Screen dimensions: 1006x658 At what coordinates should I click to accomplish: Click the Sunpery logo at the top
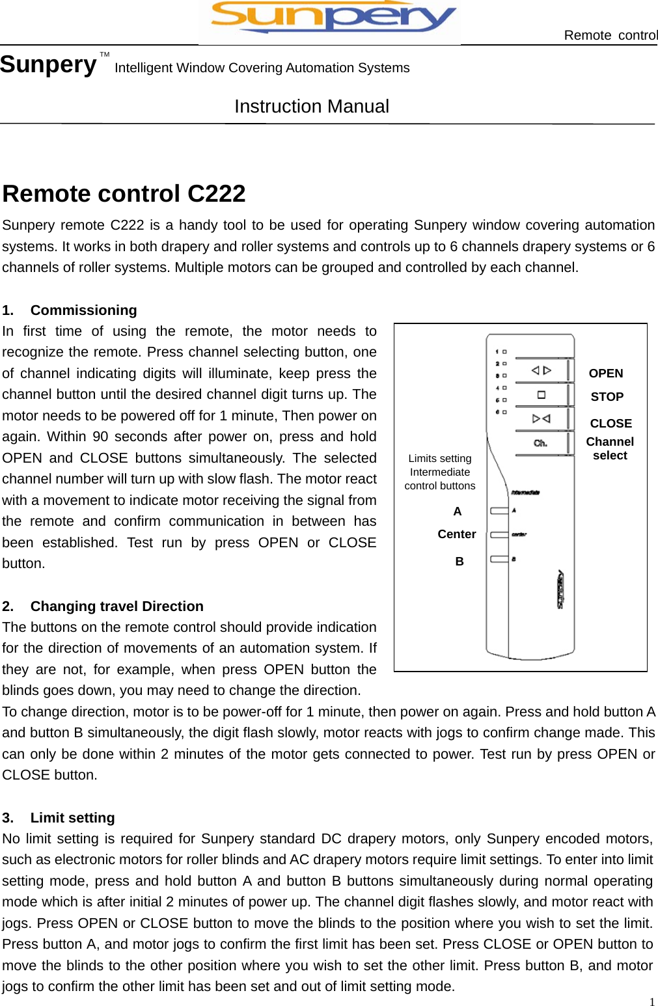point(329,20)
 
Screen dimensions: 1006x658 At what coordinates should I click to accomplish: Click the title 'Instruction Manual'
point(312,106)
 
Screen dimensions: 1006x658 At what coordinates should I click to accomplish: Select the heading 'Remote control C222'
point(124,193)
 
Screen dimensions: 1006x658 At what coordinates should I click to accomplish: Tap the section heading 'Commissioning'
point(83,310)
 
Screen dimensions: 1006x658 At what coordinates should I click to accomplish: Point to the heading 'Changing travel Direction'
point(117,606)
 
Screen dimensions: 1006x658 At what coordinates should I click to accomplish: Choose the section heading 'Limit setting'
point(72,817)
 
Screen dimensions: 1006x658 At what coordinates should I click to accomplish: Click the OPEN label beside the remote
point(605,373)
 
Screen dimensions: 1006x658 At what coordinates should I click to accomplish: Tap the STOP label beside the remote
point(607,396)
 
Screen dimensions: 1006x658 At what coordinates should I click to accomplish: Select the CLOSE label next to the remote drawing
point(610,423)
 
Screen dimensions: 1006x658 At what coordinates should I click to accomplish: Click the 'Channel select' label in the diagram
point(610,448)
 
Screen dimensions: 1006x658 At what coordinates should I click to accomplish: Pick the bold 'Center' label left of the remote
point(456,534)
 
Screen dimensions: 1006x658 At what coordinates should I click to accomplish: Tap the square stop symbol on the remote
point(541,394)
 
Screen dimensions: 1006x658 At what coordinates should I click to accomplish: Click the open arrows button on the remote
point(541,370)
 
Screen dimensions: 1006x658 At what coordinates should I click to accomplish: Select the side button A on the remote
point(499,511)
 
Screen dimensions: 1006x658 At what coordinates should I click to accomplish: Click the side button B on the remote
point(499,559)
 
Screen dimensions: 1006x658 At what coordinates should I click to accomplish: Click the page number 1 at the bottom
point(651,1001)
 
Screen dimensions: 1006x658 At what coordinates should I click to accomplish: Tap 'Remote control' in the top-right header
point(610,35)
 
